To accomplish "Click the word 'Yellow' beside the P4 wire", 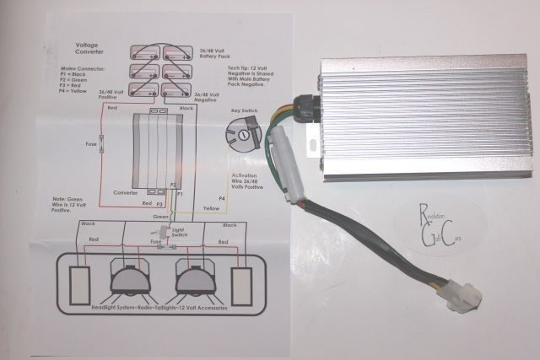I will coord(213,207).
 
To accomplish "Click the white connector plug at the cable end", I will coord(465,295).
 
